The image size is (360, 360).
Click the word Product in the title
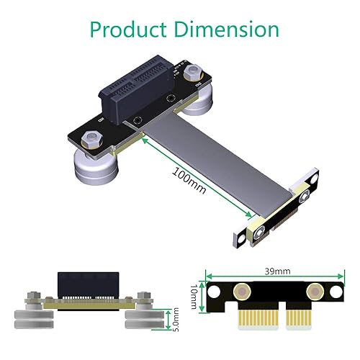126,30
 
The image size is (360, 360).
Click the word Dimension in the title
224,30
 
